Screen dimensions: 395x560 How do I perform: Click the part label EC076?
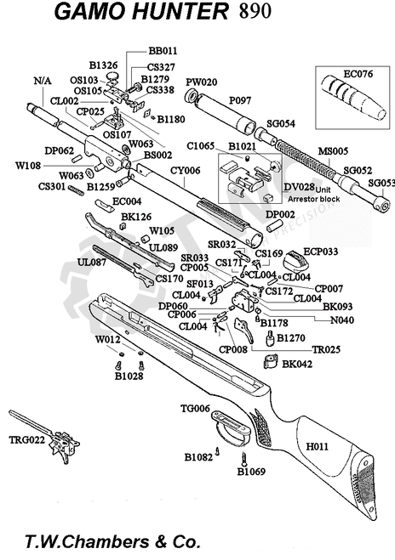click(358, 74)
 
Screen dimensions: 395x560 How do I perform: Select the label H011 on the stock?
click(317, 446)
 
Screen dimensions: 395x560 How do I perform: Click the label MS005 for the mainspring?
click(333, 151)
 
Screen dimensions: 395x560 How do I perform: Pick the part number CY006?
click(185, 170)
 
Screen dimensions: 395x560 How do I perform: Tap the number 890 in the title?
click(255, 11)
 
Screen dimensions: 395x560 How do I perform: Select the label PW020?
click(202, 82)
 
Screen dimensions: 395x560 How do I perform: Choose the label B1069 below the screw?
click(251, 472)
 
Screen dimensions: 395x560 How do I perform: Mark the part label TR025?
click(326, 349)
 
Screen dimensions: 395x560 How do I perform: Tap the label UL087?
click(92, 263)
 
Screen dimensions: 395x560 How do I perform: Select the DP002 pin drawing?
click(274, 226)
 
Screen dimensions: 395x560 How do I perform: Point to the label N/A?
click(43, 81)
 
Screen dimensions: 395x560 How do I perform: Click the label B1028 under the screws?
click(129, 376)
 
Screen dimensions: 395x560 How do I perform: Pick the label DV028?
click(300, 187)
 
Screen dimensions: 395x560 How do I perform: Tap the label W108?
click(28, 166)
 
